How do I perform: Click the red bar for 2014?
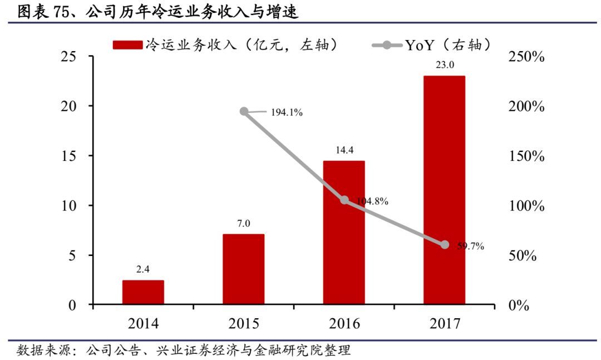point(143,292)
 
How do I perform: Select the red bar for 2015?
point(244,269)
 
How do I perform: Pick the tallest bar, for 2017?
point(444,190)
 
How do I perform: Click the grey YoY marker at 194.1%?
point(244,111)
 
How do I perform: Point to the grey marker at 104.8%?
point(344,200)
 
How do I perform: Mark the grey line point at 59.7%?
point(445,245)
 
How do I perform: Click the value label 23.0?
point(444,65)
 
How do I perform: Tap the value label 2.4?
point(143,269)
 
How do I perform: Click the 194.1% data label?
point(287,113)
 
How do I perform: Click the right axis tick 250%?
point(526,57)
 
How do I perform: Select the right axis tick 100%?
point(526,206)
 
